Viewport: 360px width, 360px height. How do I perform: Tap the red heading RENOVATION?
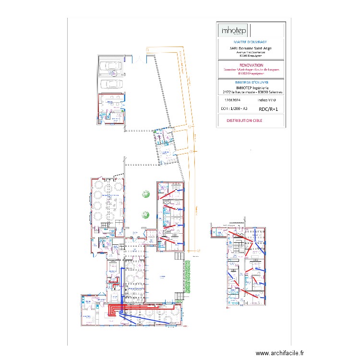pos(251,65)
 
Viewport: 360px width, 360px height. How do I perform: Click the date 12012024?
pos(232,100)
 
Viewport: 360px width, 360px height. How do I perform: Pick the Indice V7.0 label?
pos(267,100)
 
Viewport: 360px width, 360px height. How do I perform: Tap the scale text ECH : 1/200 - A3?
pos(234,109)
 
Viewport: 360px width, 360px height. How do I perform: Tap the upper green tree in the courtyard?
pos(145,194)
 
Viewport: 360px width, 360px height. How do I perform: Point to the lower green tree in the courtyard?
pos(145,215)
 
